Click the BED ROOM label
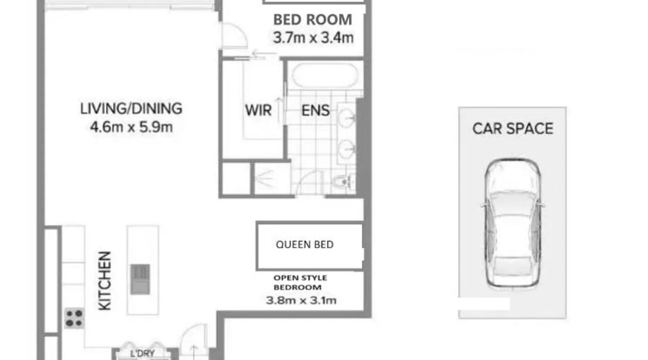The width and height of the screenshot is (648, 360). [x=313, y=20]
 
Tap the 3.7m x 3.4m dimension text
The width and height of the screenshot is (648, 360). [x=313, y=37]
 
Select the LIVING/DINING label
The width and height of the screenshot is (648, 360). [x=131, y=109]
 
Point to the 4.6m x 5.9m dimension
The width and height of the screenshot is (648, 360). [x=131, y=127]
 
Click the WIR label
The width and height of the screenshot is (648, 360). [x=258, y=110]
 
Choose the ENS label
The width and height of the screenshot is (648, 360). [x=315, y=111]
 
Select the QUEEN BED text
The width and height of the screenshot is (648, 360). [x=305, y=245]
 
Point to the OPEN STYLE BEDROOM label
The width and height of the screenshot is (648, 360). [x=300, y=283]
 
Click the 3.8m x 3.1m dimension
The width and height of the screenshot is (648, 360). [x=301, y=300]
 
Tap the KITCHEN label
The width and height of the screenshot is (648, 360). [x=105, y=281]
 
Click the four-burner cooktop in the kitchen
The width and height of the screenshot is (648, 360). [x=74, y=318]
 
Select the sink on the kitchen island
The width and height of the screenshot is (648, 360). [x=140, y=279]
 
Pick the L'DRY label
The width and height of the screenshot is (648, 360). [x=142, y=354]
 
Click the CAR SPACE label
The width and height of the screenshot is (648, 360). [x=513, y=129]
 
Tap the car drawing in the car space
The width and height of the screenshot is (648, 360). [x=513, y=224]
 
